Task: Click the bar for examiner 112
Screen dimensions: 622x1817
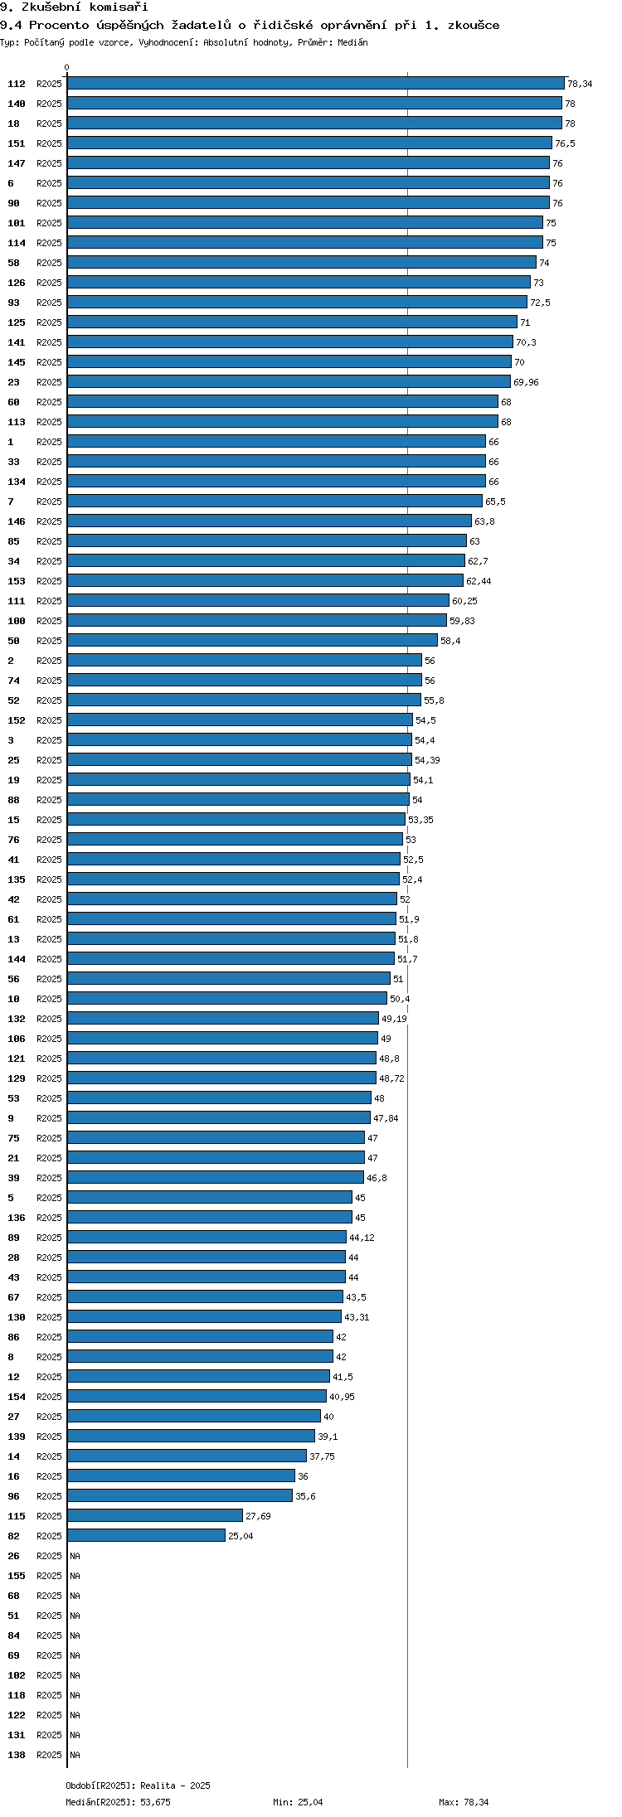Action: pos(316,84)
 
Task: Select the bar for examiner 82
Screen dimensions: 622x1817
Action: pos(146,1536)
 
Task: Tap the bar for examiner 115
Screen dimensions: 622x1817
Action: pos(155,1516)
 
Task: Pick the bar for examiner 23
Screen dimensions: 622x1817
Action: pos(289,382)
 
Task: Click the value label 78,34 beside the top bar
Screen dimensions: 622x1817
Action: pos(580,84)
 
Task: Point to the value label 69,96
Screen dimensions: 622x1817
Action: pos(526,382)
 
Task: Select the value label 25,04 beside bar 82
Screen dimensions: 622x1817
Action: pos(241,1536)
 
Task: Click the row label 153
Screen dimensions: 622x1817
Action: pos(17,581)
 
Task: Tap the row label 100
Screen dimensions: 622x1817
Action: pos(17,621)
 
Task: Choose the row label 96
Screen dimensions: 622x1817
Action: pos(13,1496)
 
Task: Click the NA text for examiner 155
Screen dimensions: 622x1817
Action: pos(75,1576)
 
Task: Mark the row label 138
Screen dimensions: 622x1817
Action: pos(17,1755)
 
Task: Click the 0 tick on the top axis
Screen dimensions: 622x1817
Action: pos(67,67)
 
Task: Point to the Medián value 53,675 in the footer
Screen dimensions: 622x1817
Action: pos(155,1802)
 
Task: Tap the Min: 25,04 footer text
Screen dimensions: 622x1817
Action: pos(299,1802)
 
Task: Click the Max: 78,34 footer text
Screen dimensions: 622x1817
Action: pos(464,1802)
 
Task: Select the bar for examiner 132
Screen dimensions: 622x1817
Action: pos(223,1019)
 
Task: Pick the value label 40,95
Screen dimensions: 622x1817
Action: pos(342,1397)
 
